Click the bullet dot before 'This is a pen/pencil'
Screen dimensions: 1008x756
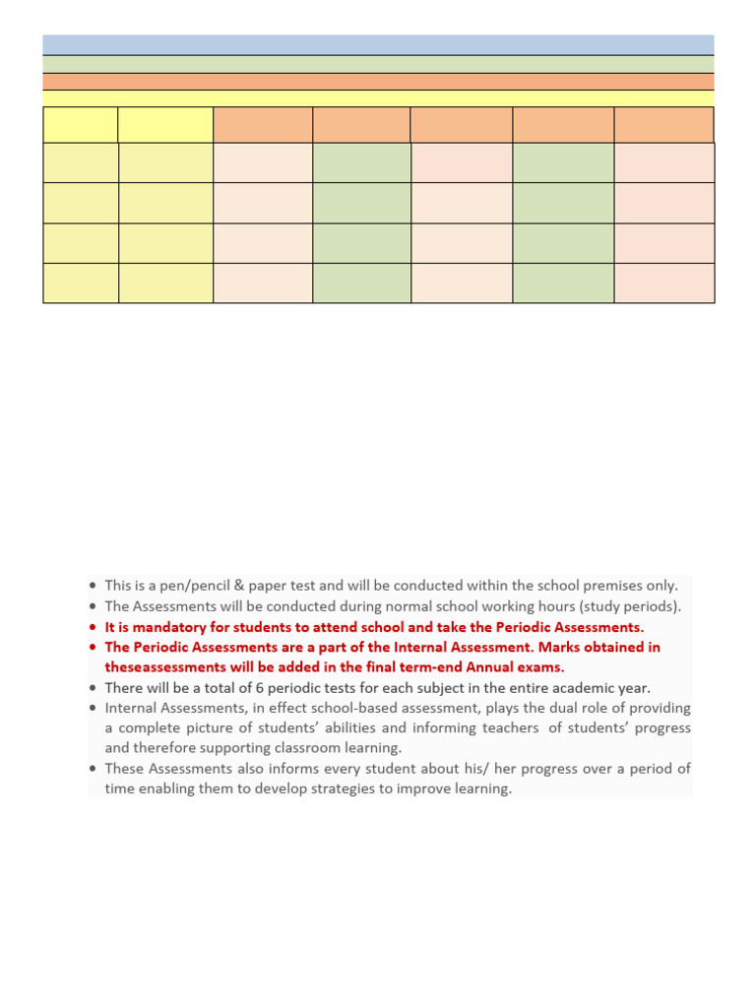93,587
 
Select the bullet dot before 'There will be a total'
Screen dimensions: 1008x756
93,689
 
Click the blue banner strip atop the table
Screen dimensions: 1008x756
378,44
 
